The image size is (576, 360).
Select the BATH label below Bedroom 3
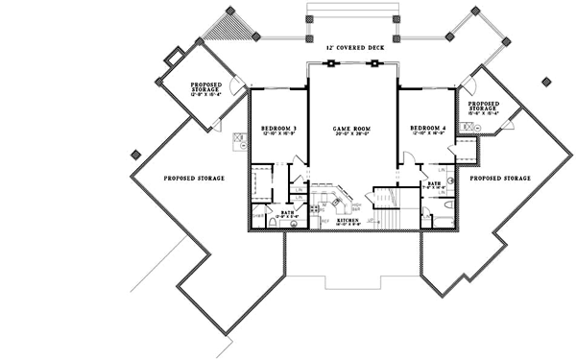[286, 212]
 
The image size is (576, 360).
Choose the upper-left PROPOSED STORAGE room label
[207, 88]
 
